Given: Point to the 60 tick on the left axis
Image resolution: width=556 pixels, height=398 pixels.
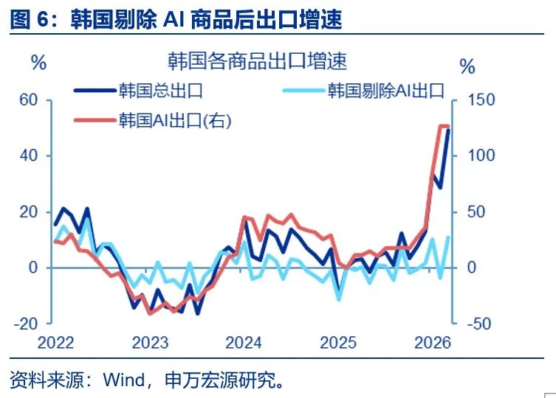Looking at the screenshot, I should [x=27, y=99].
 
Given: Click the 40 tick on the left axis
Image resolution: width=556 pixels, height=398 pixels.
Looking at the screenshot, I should [x=27, y=156].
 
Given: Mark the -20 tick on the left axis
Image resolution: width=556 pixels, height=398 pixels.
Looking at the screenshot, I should [x=25, y=323].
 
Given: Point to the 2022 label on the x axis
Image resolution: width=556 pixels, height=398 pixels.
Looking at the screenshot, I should [x=57, y=343].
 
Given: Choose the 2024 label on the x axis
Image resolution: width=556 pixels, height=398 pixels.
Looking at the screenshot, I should [x=243, y=343].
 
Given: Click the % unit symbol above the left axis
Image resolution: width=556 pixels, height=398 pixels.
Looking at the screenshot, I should [x=38, y=62].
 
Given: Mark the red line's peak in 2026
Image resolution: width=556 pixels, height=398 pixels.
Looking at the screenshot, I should [x=443, y=127].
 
